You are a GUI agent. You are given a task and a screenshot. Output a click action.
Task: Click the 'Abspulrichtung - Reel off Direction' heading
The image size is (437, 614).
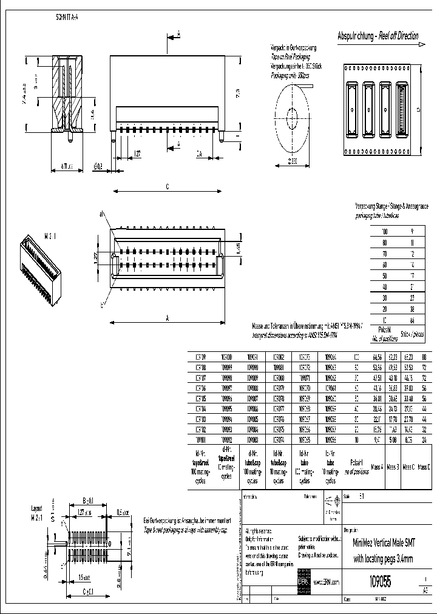point(377,36)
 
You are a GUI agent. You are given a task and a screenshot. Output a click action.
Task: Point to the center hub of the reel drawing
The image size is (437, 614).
point(291,115)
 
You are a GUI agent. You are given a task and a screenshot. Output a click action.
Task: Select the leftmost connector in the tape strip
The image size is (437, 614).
point(351,109)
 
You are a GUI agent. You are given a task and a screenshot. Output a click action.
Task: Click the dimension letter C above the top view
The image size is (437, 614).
point(167,187)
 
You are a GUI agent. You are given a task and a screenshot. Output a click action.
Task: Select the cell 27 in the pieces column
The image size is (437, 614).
point(412,299)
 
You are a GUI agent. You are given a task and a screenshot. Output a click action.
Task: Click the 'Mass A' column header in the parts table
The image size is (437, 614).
point(377,467)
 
